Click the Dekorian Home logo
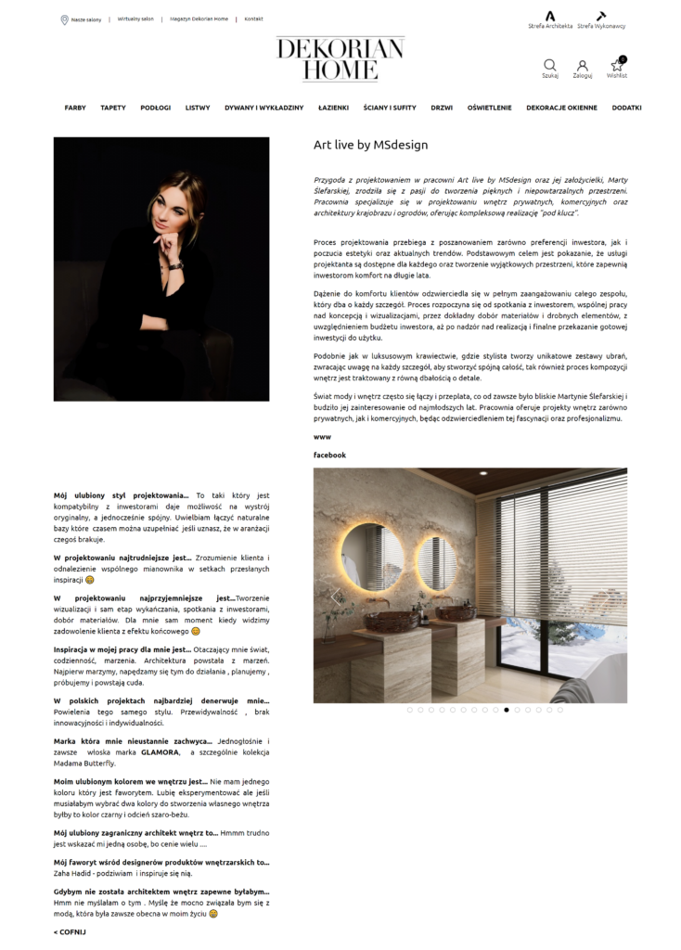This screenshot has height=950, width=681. [340, 58]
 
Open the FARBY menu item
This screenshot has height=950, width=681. [75, 108]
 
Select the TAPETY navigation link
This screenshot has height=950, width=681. [113, 108]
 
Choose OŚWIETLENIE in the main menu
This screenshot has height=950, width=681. [489, 108]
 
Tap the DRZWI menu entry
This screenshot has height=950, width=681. [442, 108]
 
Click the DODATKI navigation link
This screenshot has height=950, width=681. [626, 108]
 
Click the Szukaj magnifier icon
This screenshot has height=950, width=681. [550, 66]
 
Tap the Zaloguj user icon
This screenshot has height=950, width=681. [582, 66]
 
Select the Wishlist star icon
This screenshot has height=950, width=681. [617, 66]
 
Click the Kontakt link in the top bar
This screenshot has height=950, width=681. [253, 19]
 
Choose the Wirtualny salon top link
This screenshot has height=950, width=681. [135, 19]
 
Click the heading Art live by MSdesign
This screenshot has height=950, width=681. [370, 145]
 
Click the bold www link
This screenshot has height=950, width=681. [322, 436]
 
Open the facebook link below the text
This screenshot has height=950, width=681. [329, 456]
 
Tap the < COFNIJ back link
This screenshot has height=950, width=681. [70, 931]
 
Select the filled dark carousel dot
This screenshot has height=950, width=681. [507, 710]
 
